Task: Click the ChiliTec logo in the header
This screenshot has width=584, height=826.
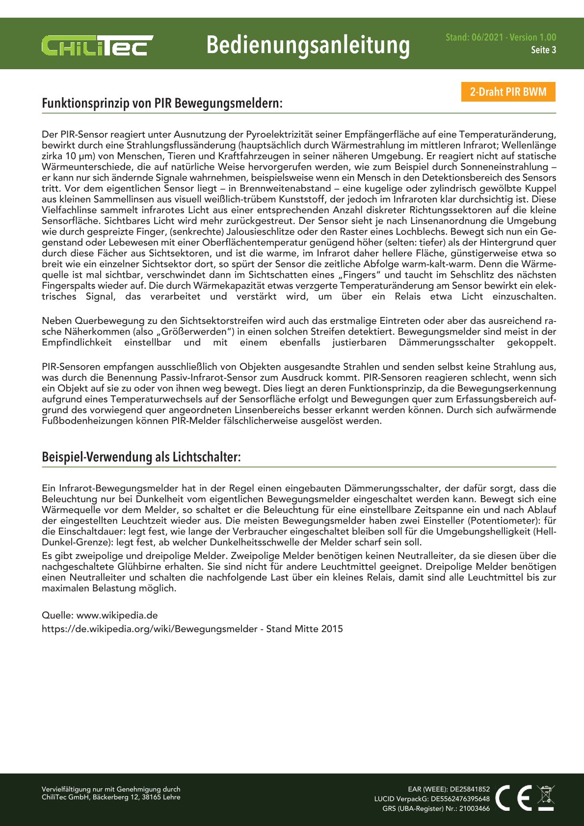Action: click(97, 46)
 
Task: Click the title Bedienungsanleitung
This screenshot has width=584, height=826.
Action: click(308, 45)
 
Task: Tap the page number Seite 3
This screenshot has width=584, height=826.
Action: click(543, 50)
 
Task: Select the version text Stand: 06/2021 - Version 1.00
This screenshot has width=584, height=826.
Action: click(501, 37)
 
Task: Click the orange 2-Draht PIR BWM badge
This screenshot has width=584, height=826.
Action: click(508, 92)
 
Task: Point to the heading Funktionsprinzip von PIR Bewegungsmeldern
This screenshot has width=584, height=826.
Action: click(162, 104)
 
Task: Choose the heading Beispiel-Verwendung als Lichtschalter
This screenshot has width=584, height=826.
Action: click(141, 457)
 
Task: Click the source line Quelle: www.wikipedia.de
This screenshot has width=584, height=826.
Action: click(100, 615)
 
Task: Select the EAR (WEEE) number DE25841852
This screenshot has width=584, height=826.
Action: click(470, 789)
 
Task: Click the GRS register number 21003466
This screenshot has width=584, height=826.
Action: click(474, 808)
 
